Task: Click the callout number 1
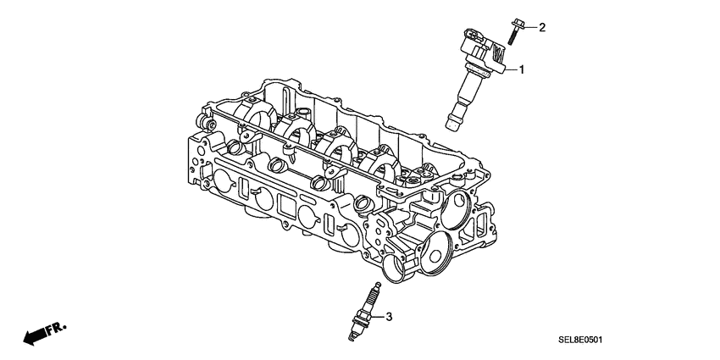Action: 523,69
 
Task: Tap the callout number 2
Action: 542,27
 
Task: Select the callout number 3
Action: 389,318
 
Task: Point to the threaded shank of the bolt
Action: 512,36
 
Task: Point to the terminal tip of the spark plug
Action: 374,287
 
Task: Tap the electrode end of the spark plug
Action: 354,340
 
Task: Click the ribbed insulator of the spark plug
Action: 370,300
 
